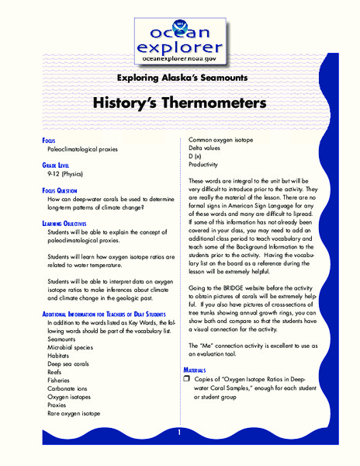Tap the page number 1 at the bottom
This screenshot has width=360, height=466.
(180, 433)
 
